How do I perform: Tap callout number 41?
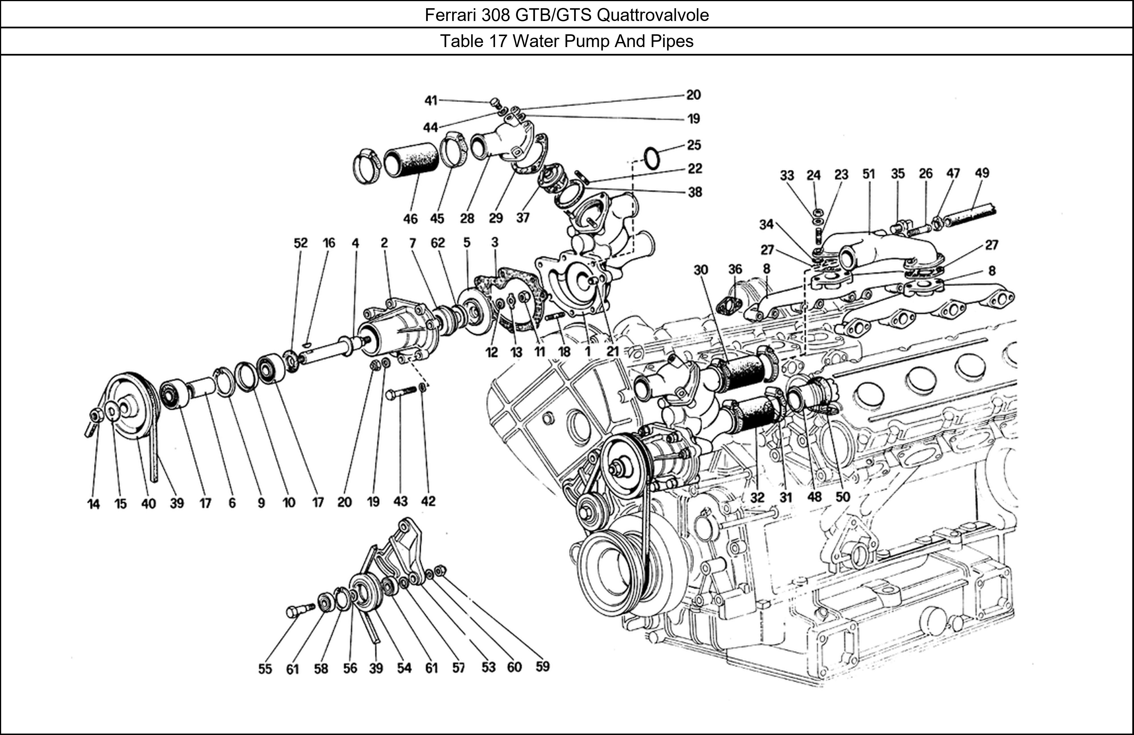coord(431,101)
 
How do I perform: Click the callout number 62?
coord(437,243)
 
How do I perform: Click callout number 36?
coord(735,269)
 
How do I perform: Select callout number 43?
coord(401,501)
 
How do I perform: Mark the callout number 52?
coord(301,243)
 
